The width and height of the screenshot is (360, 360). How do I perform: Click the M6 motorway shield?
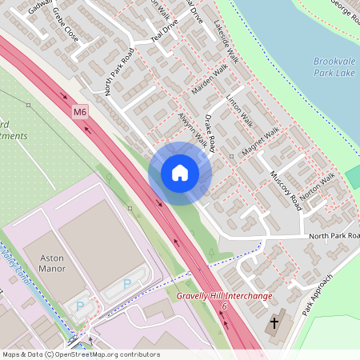click(80, 112)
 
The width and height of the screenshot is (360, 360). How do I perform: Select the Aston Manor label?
click(45, 266)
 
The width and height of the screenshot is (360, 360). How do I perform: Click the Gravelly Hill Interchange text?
click(224, 296)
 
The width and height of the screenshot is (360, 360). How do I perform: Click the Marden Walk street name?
click(211, 82)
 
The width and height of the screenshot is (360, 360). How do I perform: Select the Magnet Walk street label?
click(262, 141)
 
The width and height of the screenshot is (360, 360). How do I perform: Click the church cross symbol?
click(274, 325)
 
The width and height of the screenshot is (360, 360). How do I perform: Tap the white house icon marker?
click(180, 173)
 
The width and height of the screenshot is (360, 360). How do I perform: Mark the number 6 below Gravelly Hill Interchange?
click(225, 306)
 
